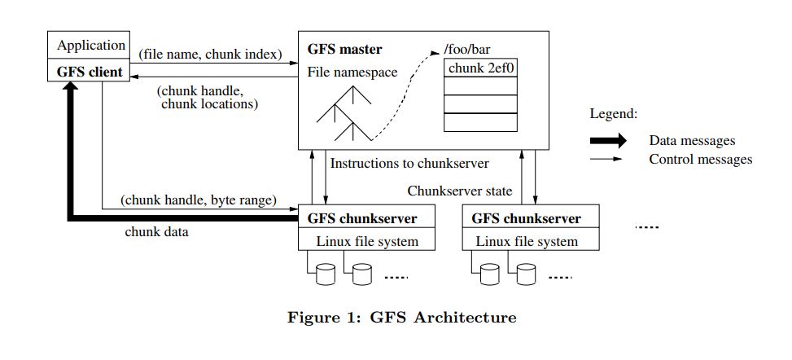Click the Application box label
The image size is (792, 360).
coord(91,46)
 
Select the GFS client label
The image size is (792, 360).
coord(90,72)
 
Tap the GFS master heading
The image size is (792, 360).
coord(345,50)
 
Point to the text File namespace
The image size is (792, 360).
coord(352,72)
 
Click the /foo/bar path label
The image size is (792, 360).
coord(467,50)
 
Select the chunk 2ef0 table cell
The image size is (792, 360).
coord(481,68)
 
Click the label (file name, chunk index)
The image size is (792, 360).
coord(210,54)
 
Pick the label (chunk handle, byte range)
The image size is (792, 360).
coord(199,200)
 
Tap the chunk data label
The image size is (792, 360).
coord(156,232)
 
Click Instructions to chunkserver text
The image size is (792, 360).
coord(409,164)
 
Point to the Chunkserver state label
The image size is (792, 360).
coord(460,191)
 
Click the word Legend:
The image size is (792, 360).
coord(614,114)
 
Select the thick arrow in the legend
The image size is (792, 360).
coord(608,141)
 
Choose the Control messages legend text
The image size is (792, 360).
coord(701,160)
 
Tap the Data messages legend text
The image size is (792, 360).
coord(692,141)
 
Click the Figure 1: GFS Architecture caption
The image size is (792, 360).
coord(402,318)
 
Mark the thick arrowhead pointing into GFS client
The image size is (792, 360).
coord(71,86)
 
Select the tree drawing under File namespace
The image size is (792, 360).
coord(344,113)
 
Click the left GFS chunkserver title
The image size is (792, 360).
coord(362,219)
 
